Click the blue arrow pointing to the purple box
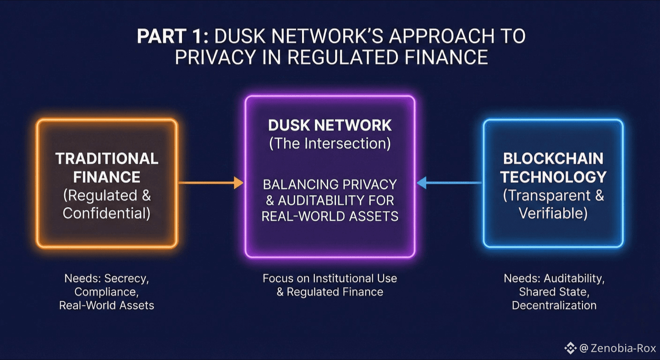click(449, 183)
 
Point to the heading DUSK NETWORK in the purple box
click(330, 125)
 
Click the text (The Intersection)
click(330, 143)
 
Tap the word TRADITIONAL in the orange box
click(107, 158)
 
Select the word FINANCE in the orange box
click(107, 177)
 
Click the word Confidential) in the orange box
click(107, 213)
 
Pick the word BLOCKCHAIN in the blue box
click(553, 158)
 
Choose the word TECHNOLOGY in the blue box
click(553, 177)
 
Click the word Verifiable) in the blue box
click(553, 213)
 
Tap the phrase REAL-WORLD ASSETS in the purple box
click(330, 216)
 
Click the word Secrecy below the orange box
click(126, 278)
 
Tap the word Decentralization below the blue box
click(554, 305)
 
